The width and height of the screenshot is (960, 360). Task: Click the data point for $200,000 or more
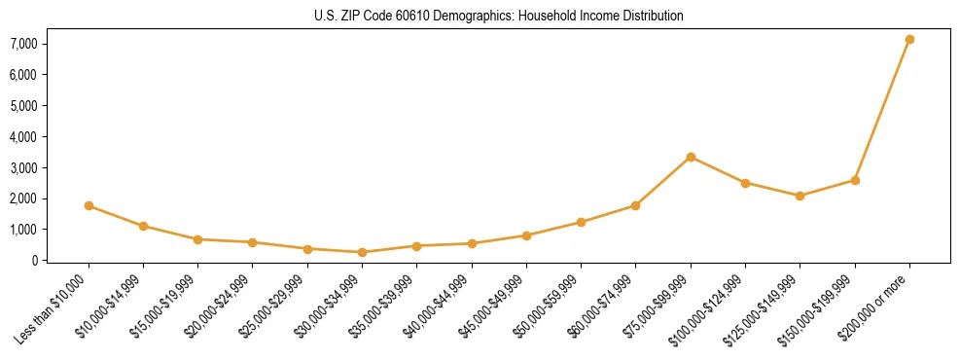coord(909,40)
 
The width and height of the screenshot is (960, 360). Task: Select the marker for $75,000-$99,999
coord(691,157)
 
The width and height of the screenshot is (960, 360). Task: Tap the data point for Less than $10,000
coord(89,205)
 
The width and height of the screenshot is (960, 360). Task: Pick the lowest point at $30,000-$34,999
coord(362,252)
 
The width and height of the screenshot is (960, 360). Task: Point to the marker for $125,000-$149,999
coord(800,196)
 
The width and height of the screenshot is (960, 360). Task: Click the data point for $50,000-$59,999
coord(581,222)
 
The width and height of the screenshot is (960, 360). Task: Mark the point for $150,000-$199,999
coord(855,180)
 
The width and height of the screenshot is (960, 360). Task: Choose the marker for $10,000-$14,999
coord(143,226)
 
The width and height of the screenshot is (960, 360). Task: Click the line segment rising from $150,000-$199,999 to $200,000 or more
coord(882,110)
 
